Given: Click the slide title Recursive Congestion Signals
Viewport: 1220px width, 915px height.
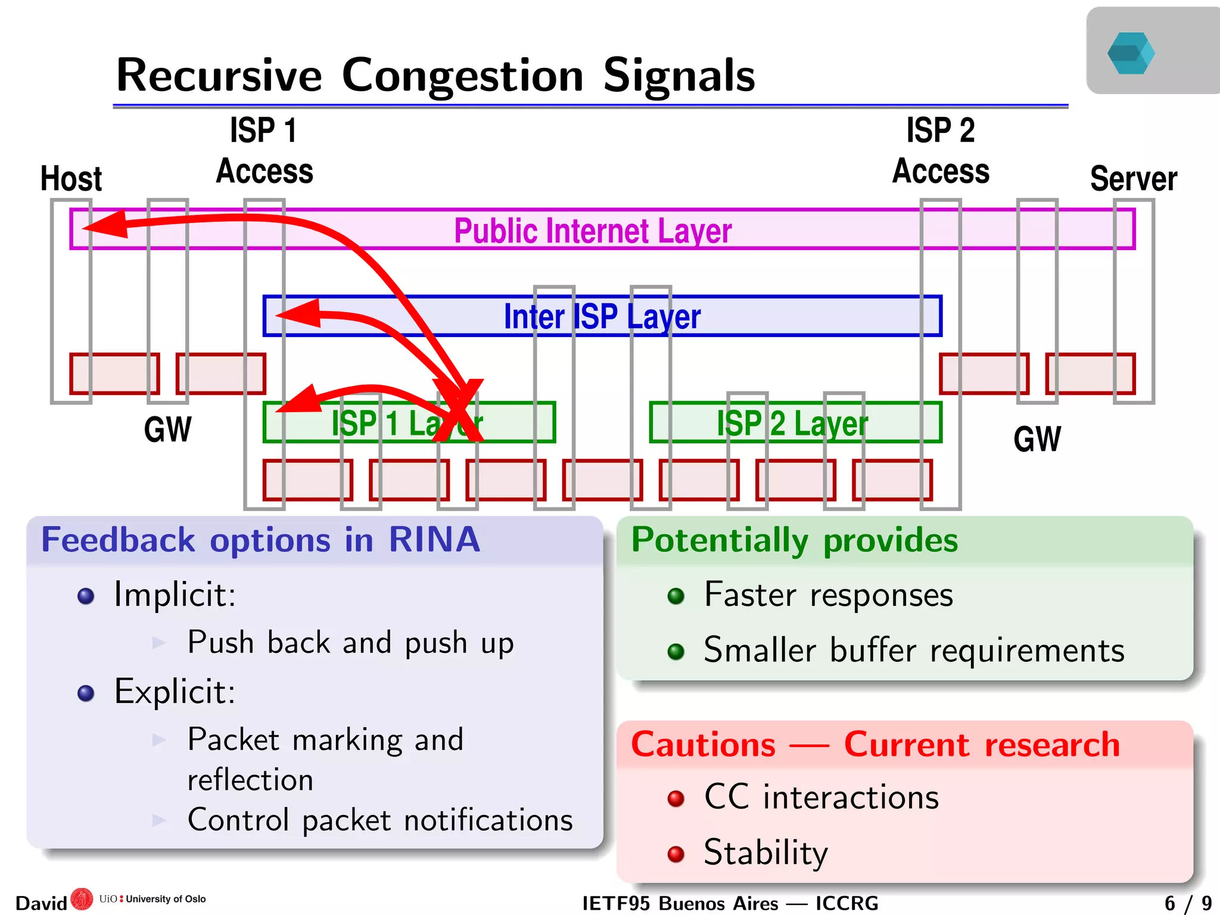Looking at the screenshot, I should click(x=435, y=76).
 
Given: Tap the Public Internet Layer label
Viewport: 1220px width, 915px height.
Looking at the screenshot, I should click(x=592, y=231).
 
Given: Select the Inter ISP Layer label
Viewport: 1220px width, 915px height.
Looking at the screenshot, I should click(x=602, y=316).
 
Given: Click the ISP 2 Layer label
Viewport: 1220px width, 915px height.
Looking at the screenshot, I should click(x=792, y=424).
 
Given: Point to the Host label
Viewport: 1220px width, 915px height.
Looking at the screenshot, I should click(x=71, y=178).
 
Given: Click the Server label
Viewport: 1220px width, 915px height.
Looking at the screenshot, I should click(x=1133, y=178).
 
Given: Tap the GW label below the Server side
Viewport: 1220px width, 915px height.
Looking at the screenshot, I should click(x=1037, y=440).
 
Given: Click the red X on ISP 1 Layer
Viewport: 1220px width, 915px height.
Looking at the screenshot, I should click(x=459, y=411).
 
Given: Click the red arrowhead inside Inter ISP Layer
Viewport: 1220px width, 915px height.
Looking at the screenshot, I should click(x=301, y=313).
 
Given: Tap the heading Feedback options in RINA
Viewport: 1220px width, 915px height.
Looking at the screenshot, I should click(x=260, y=540).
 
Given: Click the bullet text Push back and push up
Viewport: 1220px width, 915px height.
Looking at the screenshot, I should click(x=350, y=642).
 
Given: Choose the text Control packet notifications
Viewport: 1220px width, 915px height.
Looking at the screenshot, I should click(x=379, y=820).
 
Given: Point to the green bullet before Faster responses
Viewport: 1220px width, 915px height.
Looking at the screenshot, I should click(x=676, y=596).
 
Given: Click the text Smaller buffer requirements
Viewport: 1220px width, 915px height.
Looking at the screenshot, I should click(x=914, y=650).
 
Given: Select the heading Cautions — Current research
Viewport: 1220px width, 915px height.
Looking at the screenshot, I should click(x=874, y=745).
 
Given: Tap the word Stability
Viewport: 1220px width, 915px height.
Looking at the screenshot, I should click(x=765, y=852).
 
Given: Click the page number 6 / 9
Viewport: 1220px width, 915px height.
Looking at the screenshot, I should click(x=1188, y=903).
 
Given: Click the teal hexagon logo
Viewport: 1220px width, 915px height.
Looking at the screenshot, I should click(x=1130, y=53).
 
